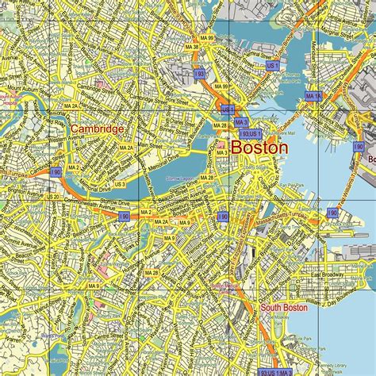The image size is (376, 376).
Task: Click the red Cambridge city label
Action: pyautogui.click(x=96, y=129)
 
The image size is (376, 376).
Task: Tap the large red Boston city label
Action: pyautogui.click(x=259, y=147)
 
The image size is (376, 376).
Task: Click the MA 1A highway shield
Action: pyautogui.click(x=313, y=96)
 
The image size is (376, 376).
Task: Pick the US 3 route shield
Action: pyautogui.click(x=120, y=184)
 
